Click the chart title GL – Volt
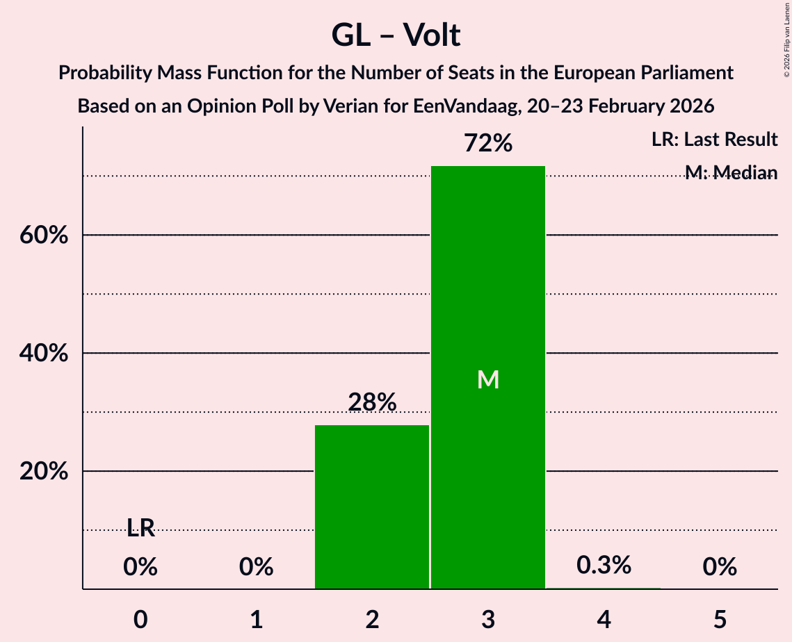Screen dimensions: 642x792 click(396, 35)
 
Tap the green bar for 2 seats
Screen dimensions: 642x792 click(372, 507)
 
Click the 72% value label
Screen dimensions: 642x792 click(488, 144)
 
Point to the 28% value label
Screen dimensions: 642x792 click(372, 402)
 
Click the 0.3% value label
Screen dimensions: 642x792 click(604, 565)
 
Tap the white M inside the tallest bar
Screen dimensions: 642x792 click(488, 379)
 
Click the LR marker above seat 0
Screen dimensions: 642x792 click(140, 528)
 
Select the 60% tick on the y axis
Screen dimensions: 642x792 click(43, 236)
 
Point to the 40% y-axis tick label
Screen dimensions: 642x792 click(43, 354)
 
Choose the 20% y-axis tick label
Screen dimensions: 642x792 click(43, 472)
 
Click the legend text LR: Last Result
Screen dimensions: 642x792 click(714, 140)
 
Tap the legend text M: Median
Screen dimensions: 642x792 click(730, 172)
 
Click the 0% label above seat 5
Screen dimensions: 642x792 click(720, 568)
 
